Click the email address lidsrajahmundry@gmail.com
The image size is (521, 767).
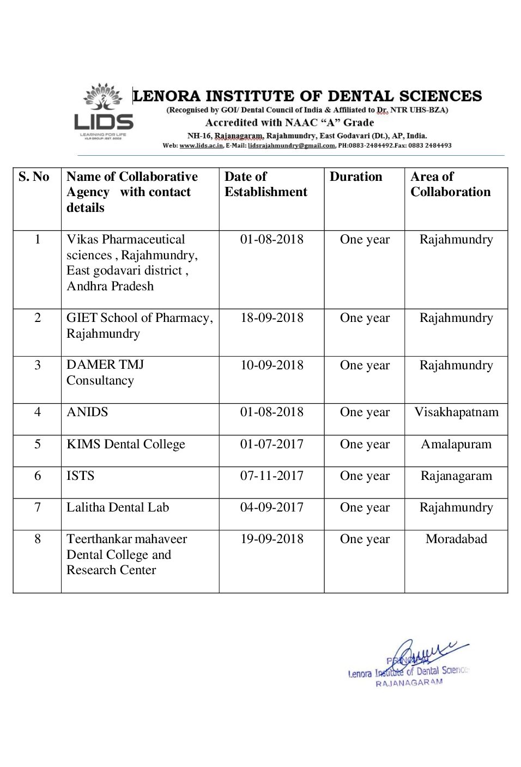coord(291,145)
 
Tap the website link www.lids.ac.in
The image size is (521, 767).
coord(201,145)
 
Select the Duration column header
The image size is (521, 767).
coord(356,176)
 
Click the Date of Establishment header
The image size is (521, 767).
coord(265,184)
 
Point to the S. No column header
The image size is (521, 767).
coord(34,176)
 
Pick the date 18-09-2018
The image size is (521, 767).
coord(271,318)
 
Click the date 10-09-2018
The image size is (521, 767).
coord(271,365)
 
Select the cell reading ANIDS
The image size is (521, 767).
coord(87,412)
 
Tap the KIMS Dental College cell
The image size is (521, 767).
coord(126,444)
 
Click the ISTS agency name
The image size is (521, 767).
coord(80,476)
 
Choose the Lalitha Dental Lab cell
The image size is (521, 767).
coord(118,507)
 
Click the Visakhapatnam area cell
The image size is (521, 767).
coord(456,412)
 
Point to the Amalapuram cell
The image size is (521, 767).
coord(456,444)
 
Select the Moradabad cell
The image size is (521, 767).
coord(456,539)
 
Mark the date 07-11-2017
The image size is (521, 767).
coord(271,476)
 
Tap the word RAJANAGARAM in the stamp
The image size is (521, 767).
coord(409,683)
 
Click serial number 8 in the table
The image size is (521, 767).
coord(38,539)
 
